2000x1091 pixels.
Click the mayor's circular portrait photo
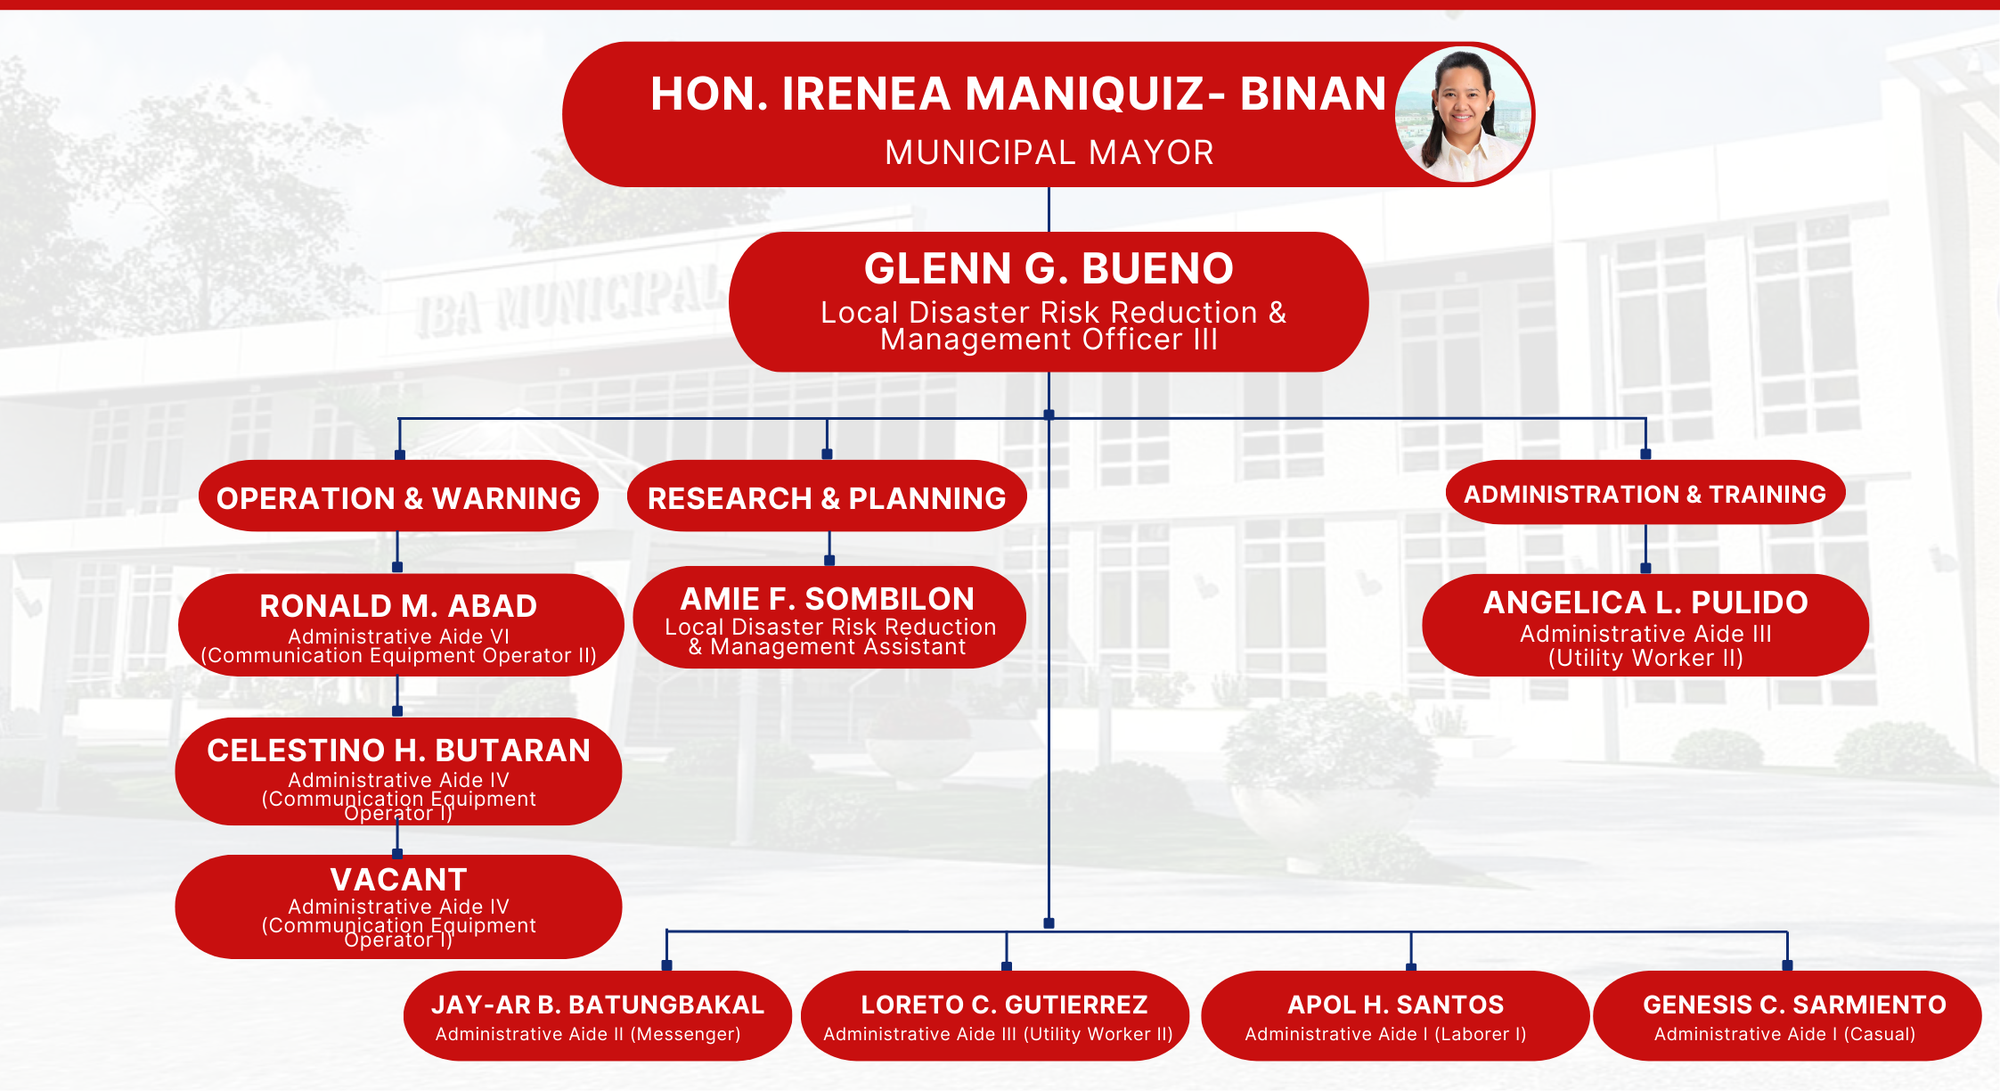tap(1463, 115)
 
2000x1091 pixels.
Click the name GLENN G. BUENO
tap(1049, 268)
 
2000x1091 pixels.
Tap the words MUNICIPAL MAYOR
tap(1049, 152)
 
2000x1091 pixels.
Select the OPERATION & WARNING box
tap(398, 496)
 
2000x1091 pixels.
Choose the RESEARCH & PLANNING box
tap(827, 496)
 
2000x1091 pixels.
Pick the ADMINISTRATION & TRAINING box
tap(1645, 493)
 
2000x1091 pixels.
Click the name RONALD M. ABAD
tap(398, 606)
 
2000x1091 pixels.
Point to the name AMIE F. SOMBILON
tap(828, 599)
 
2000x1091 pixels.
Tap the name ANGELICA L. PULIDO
tap(1645, 603)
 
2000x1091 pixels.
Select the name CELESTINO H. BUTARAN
tap(398, 751)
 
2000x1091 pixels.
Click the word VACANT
tap(398, 880)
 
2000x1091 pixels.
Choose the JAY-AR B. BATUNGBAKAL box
tap(598, 1015)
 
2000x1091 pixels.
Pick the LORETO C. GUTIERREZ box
tap(995, 1015)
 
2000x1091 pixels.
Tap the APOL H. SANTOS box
tap(1395, 1015)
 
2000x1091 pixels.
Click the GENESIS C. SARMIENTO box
tap(1787, 1015)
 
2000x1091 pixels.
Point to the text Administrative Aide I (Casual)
tap(1784, 1034)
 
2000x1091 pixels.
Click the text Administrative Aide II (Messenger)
tap(588, 1034)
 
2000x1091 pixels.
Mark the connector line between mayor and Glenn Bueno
tap(1049, 209)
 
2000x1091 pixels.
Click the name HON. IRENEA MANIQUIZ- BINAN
tap(1018, 94)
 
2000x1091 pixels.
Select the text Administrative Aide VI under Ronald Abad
tap(398, 636)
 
